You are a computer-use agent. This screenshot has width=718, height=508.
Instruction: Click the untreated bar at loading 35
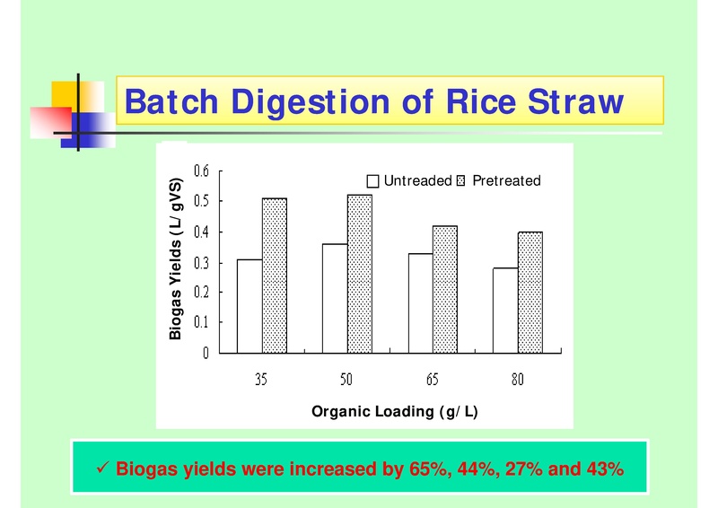pyautogui.click(x=250, y=305)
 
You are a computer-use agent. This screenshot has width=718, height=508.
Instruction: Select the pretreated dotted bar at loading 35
pyautogui.click(x=275, y=275)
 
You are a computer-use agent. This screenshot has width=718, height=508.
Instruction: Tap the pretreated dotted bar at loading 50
pyautogui.click(x=359, y=273)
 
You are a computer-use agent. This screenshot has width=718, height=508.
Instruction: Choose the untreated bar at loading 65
pyautogui.click(x=420, y=302)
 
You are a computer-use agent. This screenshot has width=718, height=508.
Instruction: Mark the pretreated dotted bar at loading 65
pyautogui.click(x=445, y=288)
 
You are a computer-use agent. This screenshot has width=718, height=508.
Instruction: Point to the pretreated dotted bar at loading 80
pyautogui.click(x=530, y=292)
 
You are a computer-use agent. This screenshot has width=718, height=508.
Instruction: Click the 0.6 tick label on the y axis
pyautogui.click(x=202, y=171)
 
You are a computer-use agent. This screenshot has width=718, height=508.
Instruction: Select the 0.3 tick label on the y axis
pyautogui.click(x=202, y=262)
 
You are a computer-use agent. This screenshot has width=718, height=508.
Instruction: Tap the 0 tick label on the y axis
pyautogui.click(x=206, y=353)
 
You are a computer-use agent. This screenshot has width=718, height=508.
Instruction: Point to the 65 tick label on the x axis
pyautogui.click(x=433, y=380)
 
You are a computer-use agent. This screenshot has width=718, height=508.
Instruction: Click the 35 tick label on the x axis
pyautogui.click(x=261, y=380)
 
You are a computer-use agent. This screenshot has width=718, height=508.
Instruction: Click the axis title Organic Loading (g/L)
pyautogui.click(x=394, y=412)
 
